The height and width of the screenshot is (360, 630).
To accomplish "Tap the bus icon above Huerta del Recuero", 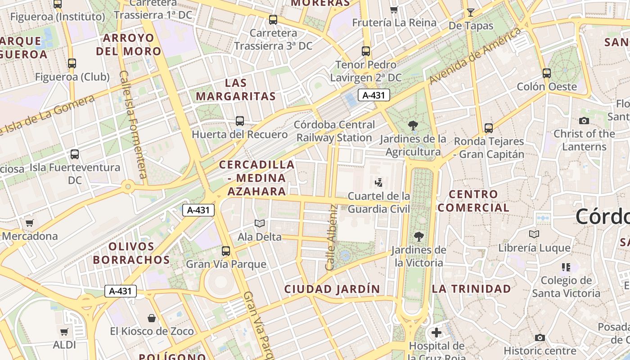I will tap(240, 121).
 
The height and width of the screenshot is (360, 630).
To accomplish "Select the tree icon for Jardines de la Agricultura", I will tap(413, 126).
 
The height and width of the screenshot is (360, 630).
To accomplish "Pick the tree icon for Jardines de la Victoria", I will tap(419, 236).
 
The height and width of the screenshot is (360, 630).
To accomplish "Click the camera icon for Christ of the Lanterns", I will tap(584, 121).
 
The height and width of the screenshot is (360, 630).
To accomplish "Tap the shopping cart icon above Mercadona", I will tap(30, 223).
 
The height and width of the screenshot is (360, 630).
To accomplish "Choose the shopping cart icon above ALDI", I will tap(64, 332).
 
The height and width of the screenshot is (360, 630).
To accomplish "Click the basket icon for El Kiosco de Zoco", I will tap(152, 318).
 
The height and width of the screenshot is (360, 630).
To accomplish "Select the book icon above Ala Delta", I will tap(260, 223).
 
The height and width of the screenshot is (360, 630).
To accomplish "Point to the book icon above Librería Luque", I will tap(534, 234).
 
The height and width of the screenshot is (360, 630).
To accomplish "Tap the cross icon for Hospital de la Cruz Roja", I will tap(436, 333).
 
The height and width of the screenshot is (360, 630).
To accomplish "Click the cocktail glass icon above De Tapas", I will tap(471, 12).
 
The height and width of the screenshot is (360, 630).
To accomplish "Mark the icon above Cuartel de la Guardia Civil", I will tap(379, 182).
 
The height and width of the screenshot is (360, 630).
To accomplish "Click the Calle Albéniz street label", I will tap(332, 237).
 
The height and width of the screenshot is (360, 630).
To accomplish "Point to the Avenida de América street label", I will tap(475, 56).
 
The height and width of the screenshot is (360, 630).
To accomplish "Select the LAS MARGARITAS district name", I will tap(236, 90).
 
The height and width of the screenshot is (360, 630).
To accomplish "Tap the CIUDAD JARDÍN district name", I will tap(332, 289).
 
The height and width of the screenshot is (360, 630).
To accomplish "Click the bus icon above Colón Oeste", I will tap(547, 73).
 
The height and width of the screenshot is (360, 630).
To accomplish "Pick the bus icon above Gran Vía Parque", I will tap(226, 251).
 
